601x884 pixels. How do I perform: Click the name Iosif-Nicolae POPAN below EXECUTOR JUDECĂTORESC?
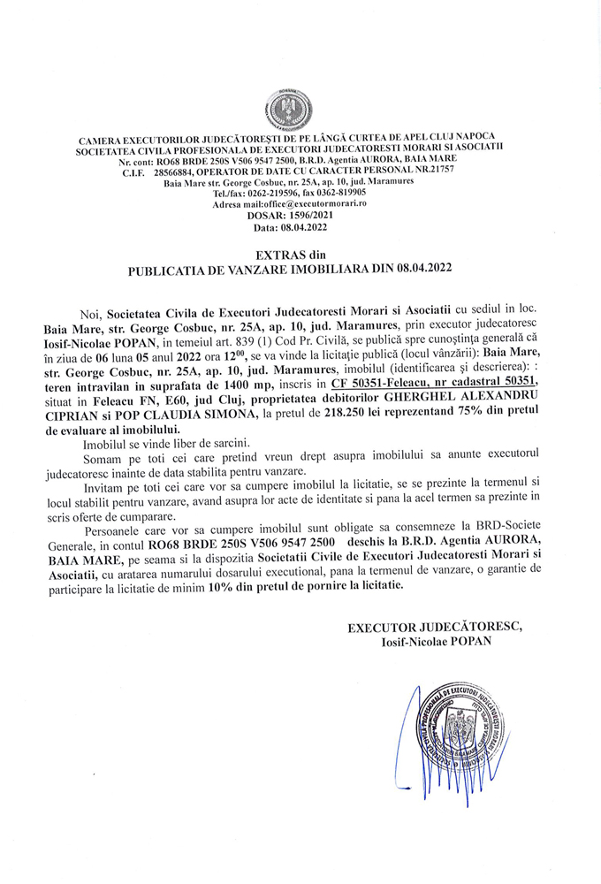[x=434, y=642]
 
